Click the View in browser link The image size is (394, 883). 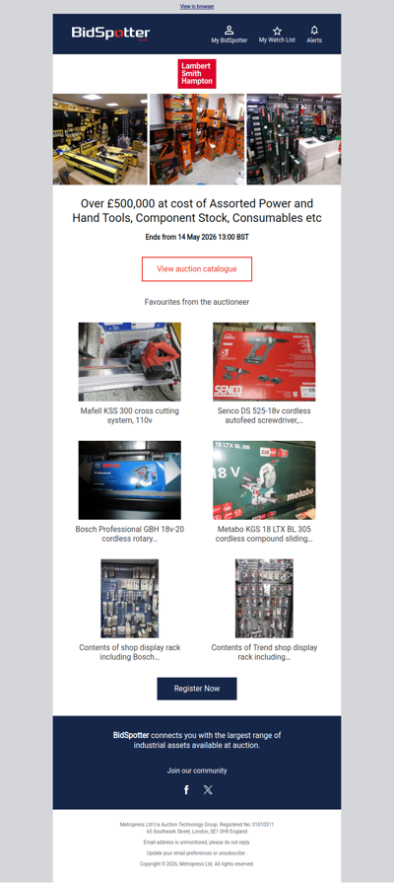coord(197,7)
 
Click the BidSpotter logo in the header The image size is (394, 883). coord(110,34)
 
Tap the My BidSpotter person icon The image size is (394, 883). coord(230,31)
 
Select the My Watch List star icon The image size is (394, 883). coord(277,31)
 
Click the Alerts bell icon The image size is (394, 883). coord(314,31)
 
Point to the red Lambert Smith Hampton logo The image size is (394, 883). coord(197,74)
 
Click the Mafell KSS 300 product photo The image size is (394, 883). coord(130,361)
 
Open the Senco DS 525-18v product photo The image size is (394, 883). coord(264,361)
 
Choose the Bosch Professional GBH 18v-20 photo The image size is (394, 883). coord(130,479)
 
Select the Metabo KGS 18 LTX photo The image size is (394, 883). coord(264,479)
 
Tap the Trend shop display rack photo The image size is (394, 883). coord(264,598)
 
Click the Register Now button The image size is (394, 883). coord(197,688)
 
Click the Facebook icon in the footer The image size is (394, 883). coord(186,789)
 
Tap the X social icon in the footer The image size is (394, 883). coord(208,789)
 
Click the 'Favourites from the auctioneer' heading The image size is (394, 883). coord(197,301)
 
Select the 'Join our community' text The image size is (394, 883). coord(197,771)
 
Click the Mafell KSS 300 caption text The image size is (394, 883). coord(130,414)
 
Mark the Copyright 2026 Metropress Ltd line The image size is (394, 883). coord(197,863)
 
